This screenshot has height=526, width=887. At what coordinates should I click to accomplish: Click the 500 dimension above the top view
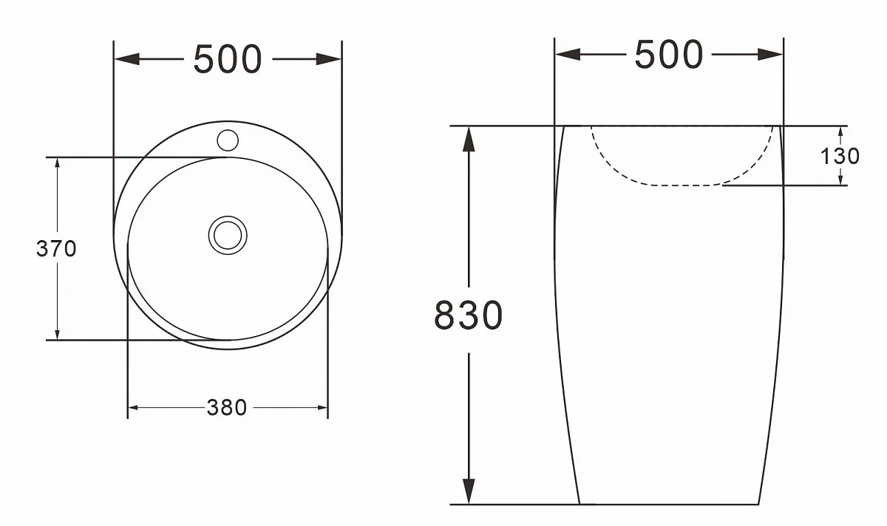[227, 59]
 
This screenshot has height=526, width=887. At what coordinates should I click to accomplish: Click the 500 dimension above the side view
[668, 54]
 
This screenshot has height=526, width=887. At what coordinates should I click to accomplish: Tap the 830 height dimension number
[468, 315]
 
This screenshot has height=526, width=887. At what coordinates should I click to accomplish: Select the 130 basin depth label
[840, 156]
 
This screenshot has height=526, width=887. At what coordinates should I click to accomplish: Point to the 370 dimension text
[56, 249]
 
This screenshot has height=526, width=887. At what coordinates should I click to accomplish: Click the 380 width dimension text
[227, 407]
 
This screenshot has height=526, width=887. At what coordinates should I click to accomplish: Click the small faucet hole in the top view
[228, 139]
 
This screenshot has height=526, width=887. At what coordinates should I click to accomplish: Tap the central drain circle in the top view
[228, 235]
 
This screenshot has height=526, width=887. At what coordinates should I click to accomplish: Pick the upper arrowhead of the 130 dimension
[840, 132]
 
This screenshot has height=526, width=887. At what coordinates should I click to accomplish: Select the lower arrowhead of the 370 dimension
[57, 333]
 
